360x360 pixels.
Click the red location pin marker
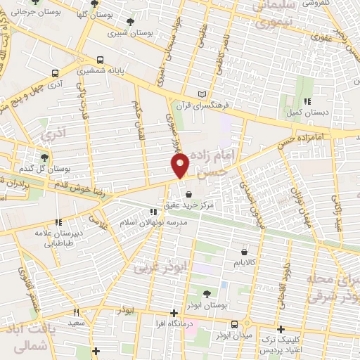click(x=181, y=165)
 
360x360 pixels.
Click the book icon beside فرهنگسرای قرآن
click(x=202, y=94)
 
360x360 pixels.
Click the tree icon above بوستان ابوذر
click(x=207, y=294)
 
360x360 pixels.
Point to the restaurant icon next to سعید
click(x=76, y=311)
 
